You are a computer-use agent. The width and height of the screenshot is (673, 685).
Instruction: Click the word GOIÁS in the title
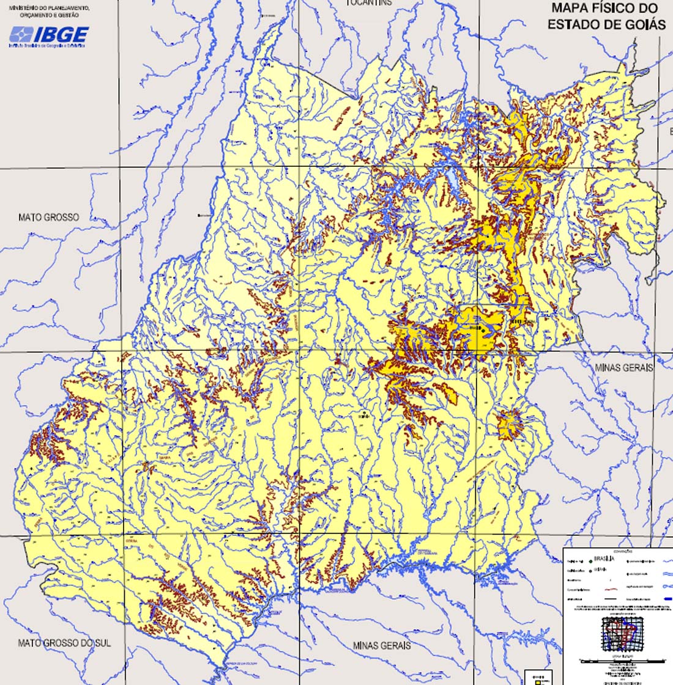(x=642, y=24)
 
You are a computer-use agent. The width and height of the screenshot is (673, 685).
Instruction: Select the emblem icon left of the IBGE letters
(x=20, y=35)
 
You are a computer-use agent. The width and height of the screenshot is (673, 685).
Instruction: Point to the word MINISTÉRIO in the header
(x=23, y=7)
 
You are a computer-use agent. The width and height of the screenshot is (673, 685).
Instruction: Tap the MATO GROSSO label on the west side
(x=48, y=217)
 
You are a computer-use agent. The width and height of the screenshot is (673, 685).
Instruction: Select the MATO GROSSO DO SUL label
(x=64, y=643)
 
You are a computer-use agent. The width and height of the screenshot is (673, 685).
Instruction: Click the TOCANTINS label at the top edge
(x=369, y=3)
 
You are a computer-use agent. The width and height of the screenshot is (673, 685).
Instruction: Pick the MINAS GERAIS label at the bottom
(x=381, y=645)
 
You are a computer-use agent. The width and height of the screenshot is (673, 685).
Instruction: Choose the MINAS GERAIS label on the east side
(x=624, y=368)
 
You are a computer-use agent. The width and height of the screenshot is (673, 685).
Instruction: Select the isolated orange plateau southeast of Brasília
(x=511, y=423)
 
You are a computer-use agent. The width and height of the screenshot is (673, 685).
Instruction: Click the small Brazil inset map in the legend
(x=621, y=632)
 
